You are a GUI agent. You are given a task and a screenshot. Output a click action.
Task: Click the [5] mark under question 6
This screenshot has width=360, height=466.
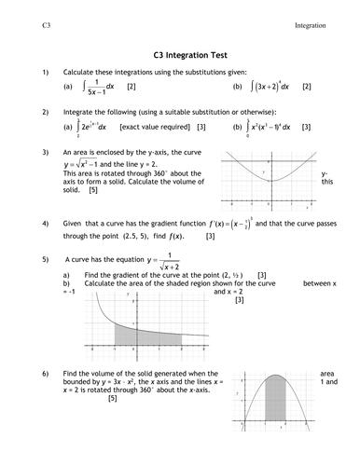[113, 399]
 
